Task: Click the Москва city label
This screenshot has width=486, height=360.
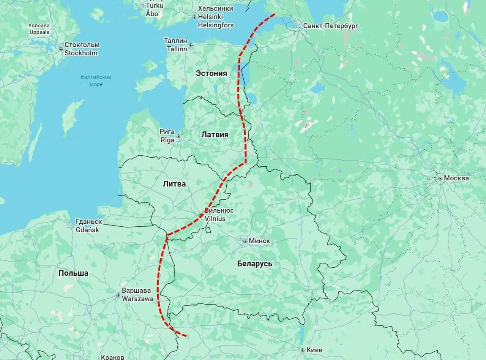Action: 456,178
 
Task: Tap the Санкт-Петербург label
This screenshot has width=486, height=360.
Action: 330,26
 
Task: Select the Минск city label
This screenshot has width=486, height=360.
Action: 260,241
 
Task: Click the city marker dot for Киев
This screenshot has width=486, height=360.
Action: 302,350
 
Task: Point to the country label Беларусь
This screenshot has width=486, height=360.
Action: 254,264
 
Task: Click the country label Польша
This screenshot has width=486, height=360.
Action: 73,273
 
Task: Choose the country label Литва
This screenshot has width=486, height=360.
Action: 174,184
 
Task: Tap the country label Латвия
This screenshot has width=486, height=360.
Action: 215,134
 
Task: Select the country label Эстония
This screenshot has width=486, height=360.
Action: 211,73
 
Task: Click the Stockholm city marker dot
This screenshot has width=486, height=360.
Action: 61,49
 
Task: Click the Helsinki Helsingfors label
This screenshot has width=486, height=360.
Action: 215,17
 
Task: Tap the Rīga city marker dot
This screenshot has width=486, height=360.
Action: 178,136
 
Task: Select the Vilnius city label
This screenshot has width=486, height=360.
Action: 215,219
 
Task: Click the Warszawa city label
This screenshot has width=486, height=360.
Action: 137,298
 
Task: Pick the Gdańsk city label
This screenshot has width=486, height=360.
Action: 87,230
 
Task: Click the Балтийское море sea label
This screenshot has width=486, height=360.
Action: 96,81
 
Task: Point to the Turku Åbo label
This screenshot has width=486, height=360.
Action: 154,9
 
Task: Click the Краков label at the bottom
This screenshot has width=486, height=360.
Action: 112,357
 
